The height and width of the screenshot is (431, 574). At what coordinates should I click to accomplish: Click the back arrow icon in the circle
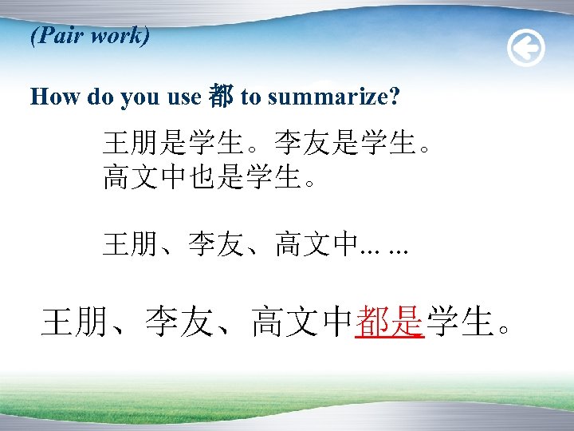tap(526, 49)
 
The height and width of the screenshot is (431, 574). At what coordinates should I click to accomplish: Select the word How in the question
tap(55, 97)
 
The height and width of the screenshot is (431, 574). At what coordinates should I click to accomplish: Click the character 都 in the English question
tap(220, 97)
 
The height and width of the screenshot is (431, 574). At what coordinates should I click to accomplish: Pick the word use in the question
tap(183, 97)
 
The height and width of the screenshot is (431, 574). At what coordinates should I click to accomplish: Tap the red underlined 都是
tap(389, 322)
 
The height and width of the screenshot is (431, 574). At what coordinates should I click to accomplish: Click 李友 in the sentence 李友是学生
tap(303, 144)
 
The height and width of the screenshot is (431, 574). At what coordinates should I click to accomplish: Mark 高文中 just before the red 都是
tap(301, 322)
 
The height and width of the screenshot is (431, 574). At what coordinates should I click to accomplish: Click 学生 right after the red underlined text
tap(458, 322)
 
